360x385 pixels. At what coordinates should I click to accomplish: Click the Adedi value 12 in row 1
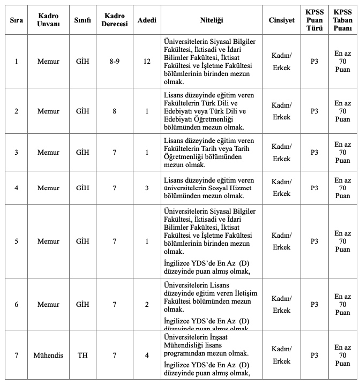click(147, 61)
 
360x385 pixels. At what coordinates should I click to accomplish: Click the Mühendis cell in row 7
click(48, 355)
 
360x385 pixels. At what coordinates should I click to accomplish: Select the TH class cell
click(82, 355)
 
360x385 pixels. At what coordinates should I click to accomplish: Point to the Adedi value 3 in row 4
click(147, 188)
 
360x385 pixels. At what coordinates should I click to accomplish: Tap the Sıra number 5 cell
click(16, 241)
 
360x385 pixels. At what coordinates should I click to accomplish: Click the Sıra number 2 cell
click(16, 111)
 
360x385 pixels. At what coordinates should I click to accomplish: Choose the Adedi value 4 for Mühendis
click(147, 355)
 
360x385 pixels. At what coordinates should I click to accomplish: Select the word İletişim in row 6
click(241, 293)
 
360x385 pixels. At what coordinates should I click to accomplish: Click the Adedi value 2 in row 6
click(147, 304)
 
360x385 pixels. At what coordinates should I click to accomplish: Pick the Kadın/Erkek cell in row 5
click(281, 241)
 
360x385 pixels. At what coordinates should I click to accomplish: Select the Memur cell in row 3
click(48, 153)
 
